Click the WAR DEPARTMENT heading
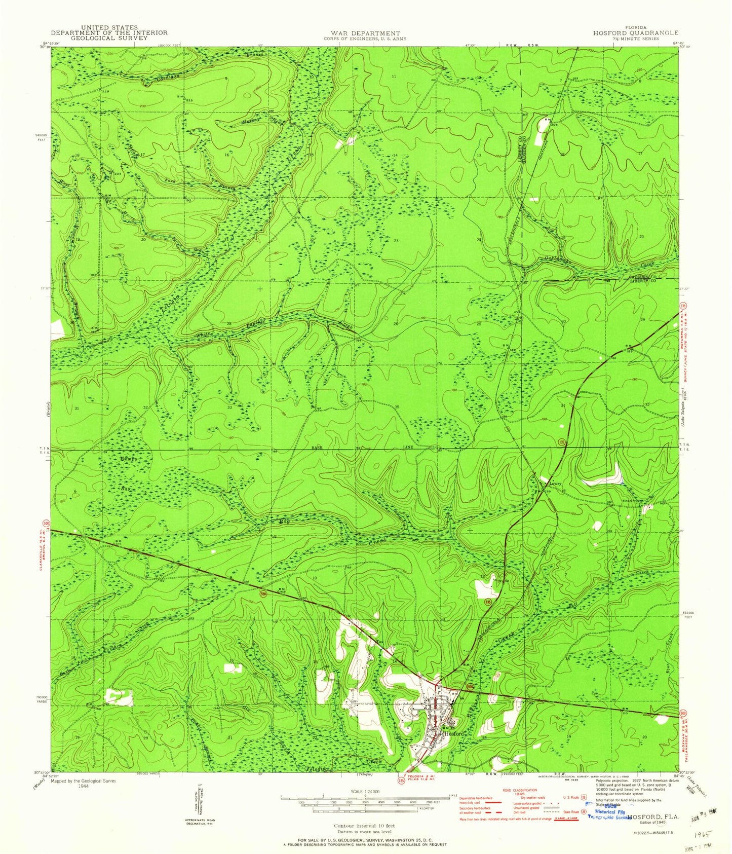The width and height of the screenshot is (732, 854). [x=362, y=33]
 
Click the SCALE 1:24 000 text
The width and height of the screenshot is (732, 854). [x=365, y=792]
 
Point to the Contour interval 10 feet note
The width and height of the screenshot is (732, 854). [x=364, y=826]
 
